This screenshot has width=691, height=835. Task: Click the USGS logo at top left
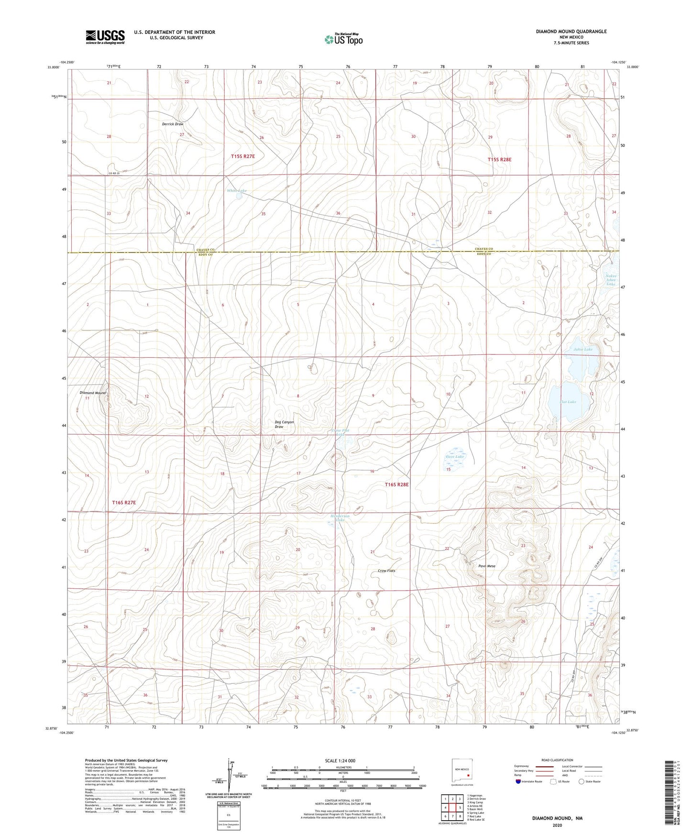coord(105,36)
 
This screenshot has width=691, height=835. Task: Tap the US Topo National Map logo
coord(343,39)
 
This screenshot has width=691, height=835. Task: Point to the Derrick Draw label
coord(173,124)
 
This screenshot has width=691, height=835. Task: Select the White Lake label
coord(237,191)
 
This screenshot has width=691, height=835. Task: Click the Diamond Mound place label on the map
coord(93,393)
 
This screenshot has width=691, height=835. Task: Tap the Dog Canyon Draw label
coord(284,424)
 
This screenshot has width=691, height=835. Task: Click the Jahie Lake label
coord(583,349)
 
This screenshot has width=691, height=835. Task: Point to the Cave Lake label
coord(455,457)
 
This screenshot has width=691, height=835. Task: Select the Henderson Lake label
coord(340,518)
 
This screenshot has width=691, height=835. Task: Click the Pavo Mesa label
coord(487,566)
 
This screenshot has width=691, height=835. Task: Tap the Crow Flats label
coord(386,571)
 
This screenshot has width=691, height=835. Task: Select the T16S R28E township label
coord(397,484)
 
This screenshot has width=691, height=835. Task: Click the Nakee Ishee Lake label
coord(611,280)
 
